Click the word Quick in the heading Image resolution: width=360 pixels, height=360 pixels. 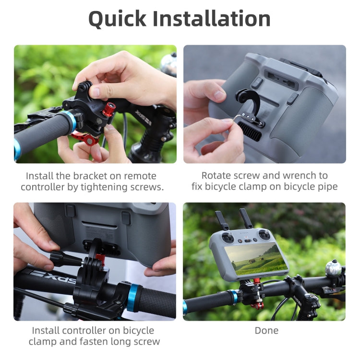coord(118,19)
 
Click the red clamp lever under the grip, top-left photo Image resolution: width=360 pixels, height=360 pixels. coord(85,138)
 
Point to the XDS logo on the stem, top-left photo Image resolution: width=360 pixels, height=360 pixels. coord(143,117)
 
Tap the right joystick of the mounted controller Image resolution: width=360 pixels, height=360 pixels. coord(263,235)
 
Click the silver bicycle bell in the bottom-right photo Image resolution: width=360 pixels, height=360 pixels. coord(333,267)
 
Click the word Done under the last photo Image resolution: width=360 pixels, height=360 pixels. coord(266,330)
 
